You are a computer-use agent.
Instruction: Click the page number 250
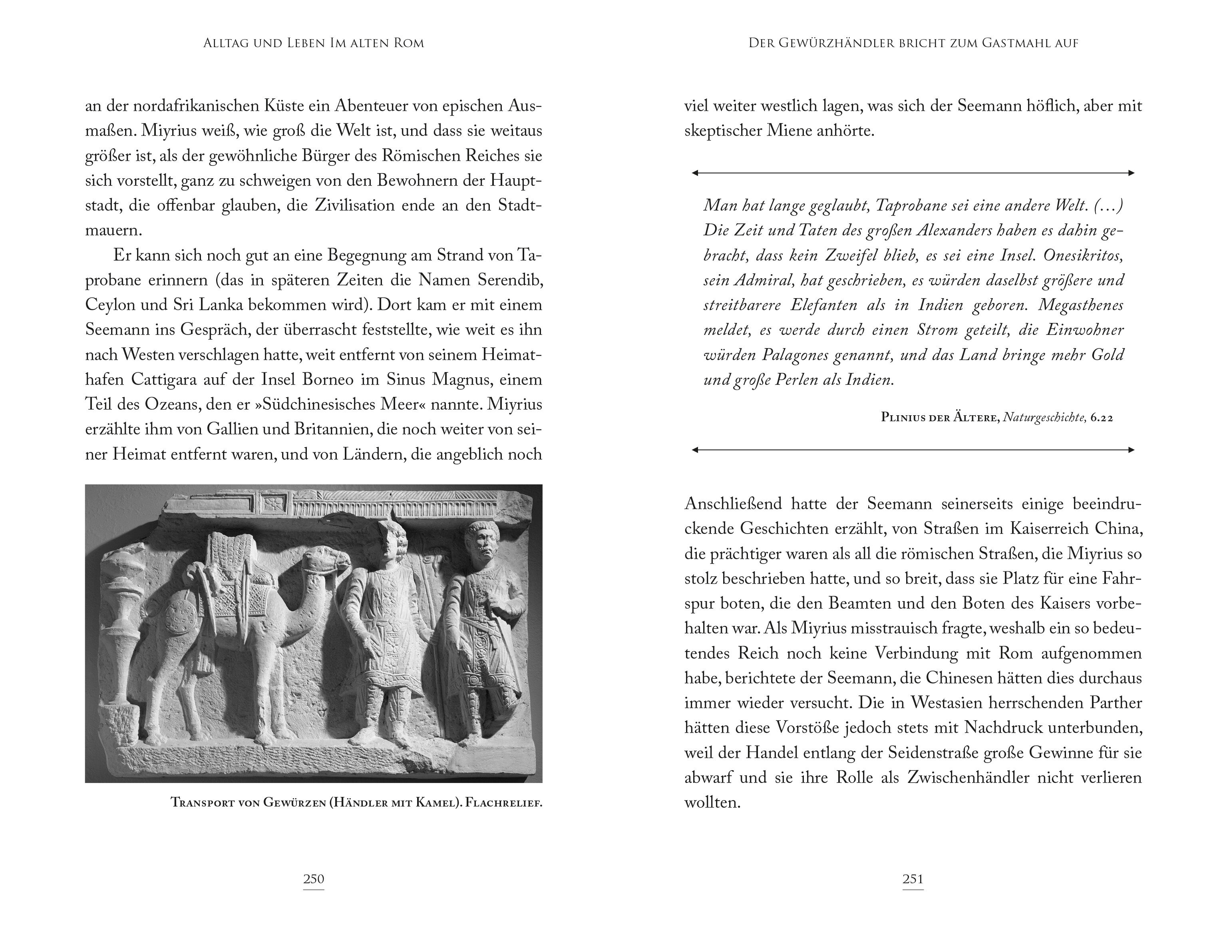click(314, 879)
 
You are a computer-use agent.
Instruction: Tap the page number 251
click(913, 879)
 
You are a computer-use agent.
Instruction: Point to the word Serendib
click(507, 280)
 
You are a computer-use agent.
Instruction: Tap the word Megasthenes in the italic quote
click(1080, 305)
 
